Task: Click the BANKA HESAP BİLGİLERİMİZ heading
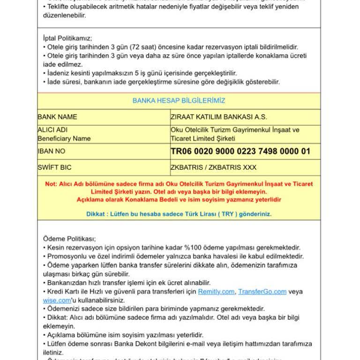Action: tap(179, 101)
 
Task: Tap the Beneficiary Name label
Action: tap(64, 138)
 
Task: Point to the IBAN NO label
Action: tap(52, 151)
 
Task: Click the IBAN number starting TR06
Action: tap(240, 151)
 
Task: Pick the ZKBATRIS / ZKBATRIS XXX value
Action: tap(214, 167)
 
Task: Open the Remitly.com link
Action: tap(216, 292)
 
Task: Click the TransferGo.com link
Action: tap(262, 292)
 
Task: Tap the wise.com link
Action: tap(57, 300)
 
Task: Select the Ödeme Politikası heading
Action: tap(69, 239)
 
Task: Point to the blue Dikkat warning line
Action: tap(179, 214)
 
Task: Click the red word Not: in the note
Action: tap(51, 184)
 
